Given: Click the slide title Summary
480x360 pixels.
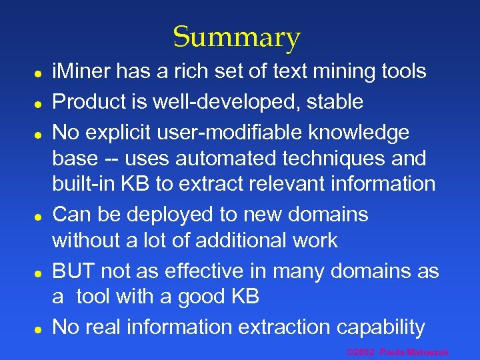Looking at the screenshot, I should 237,37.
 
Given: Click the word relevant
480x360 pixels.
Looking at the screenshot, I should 298,184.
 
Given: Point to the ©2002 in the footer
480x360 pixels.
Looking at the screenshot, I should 361,351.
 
